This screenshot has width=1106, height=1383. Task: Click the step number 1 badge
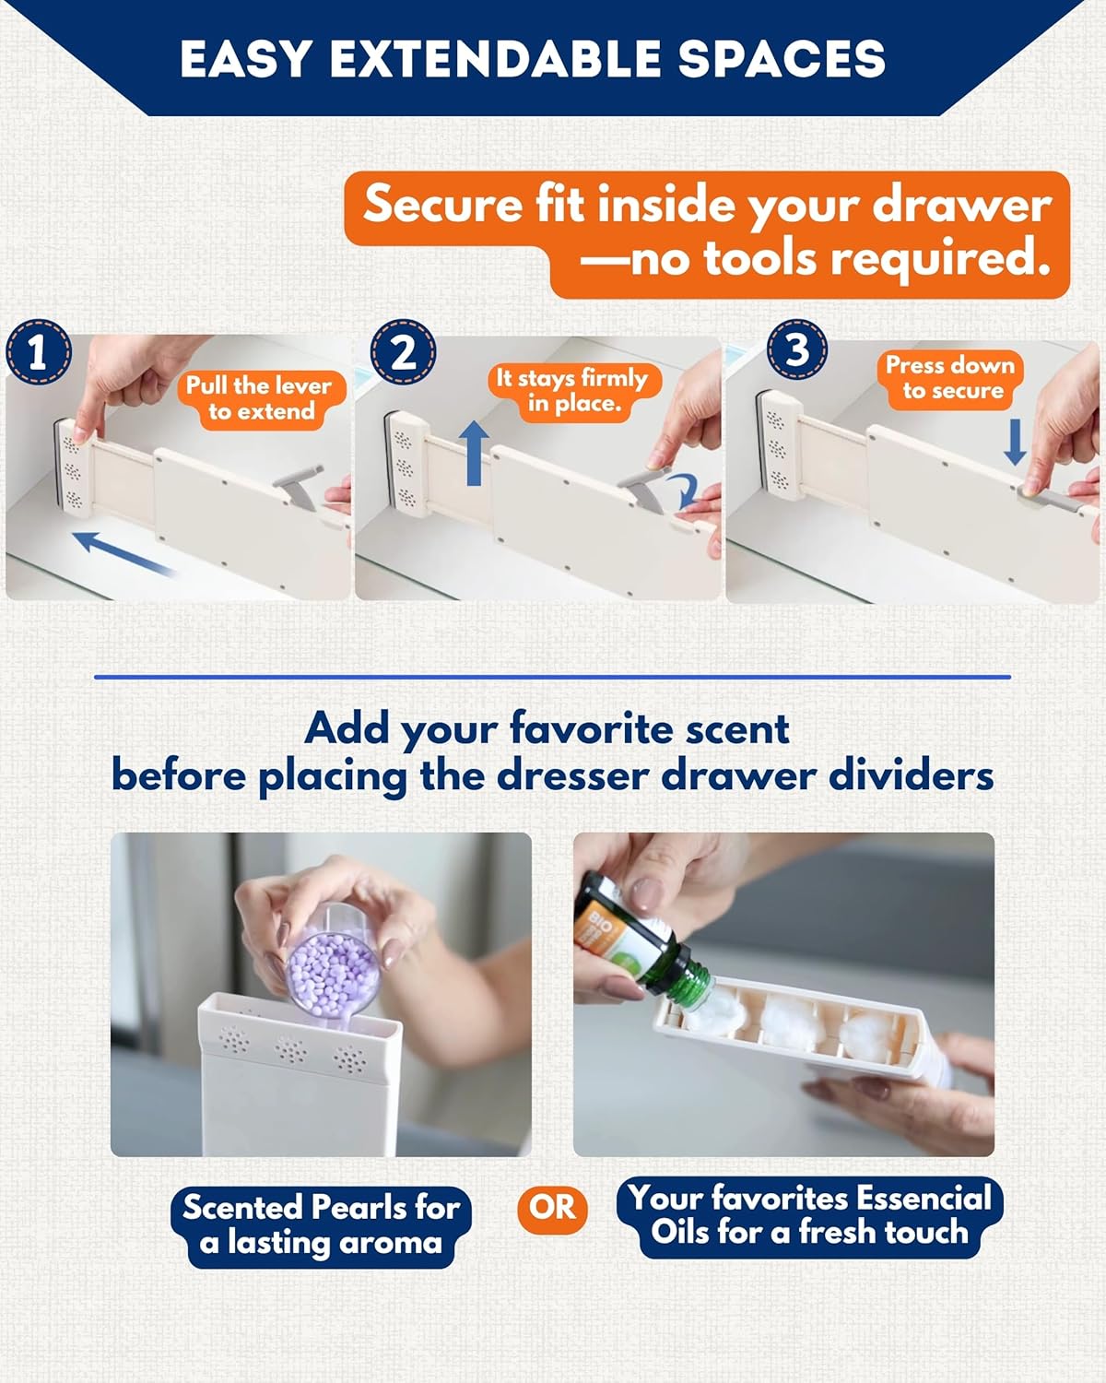[x=38, y=351]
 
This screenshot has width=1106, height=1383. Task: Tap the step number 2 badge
[x=403, y=351]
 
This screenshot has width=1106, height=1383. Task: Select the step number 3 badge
[x=797, y=349]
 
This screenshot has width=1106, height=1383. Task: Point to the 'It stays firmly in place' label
[x=572, y=391]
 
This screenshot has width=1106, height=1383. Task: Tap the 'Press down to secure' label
[x=950, y=378]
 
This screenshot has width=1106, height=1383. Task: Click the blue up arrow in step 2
[x=474, y=452]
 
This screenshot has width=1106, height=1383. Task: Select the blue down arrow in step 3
[x=1015, y=443]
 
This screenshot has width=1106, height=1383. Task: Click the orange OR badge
[x=552, y=1207]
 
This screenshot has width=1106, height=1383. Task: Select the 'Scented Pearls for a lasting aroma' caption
[x=321, y=1224]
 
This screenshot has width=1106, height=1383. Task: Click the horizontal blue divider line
[x=552, y=677]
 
